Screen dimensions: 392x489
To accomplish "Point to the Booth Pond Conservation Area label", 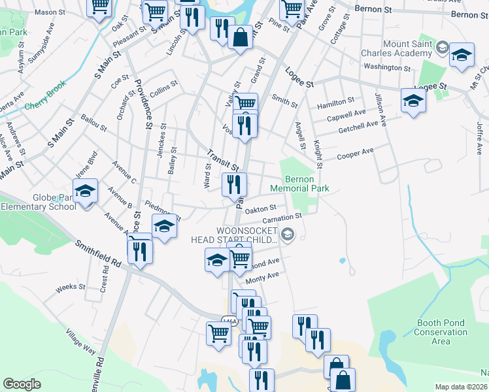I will (x=441, y=332).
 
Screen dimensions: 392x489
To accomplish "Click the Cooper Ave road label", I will (x=355, y=154).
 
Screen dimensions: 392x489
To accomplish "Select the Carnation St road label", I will (x=283, y=217).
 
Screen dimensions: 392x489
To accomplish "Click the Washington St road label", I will (x=387, y=67).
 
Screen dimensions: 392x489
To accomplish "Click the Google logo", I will (x=22, y=384).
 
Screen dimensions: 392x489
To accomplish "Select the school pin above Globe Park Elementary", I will (x=85, y=191).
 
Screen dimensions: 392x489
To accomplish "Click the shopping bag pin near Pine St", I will (x=241, y=37).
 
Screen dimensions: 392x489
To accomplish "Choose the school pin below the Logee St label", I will (x=413, y=101).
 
